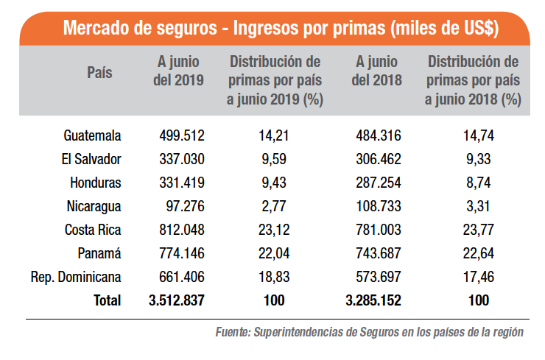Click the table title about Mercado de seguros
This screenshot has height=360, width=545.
pyautogui.click(x=281, y=29)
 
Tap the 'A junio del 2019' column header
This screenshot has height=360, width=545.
pyautogui.click(x=177, y=71)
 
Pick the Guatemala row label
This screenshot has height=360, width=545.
pyautogui.click(x=92, y=135)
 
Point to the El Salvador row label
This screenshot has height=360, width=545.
pyautogui.click(x=92, y=159)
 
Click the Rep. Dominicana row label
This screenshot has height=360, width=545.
pyautogui.click(x=76, y=277)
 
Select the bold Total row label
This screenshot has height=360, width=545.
pyautogui.click(x=107, y=300)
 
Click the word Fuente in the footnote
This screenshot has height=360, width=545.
pyautogui.click(x=233, y=332)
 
